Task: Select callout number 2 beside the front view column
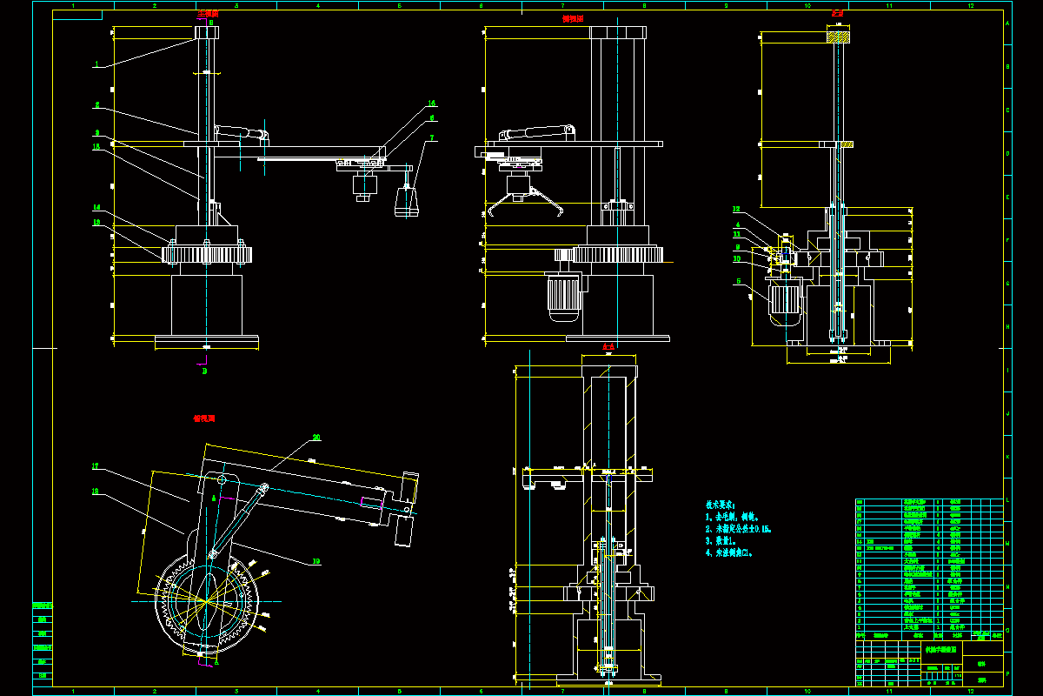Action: [97, 104]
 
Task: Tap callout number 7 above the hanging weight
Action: [433, 138]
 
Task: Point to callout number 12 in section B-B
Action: [735, 210]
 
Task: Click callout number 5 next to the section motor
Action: [739, 281]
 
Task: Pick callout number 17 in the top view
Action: [96, 467]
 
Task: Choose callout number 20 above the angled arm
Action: [316, 438]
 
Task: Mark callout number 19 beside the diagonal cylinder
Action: [316, 561]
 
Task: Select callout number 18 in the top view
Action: [96, 492]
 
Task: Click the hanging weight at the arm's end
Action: [406, 202]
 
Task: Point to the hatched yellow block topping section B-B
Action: [838, 37]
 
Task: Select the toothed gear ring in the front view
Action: [206, 255]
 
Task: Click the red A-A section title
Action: [608, 347]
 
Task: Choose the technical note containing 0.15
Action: [739, 528]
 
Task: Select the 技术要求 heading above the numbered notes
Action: [721, 505]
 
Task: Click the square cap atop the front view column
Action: [206, 32]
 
